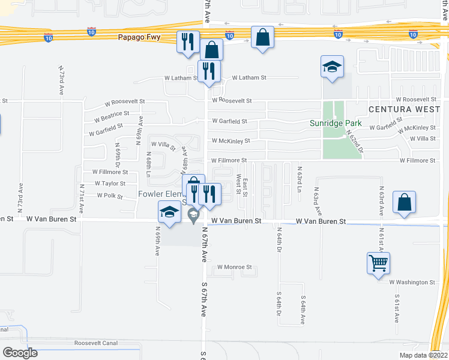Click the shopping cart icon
click(379, 263)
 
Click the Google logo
click(20, 353)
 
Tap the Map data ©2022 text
click(423, 355)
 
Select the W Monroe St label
click(234, 267)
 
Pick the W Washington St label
click(412, 282)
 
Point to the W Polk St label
click(105, 196)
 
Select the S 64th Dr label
click(279, 304)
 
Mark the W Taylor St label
click(110, 184)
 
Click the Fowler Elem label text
click(159, 194)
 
